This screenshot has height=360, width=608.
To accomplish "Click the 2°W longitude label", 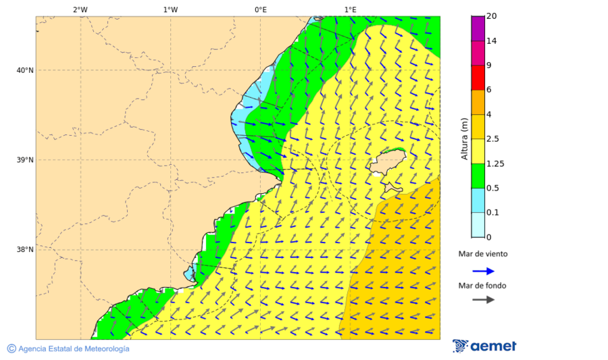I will [80, 9].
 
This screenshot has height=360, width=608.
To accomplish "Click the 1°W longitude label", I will [170, 9].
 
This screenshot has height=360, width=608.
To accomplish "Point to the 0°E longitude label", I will [260, 9].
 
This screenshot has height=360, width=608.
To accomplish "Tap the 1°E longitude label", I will [350, 9].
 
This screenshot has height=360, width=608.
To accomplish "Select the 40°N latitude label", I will [25, 70].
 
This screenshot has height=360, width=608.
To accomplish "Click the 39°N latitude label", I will [25, 160].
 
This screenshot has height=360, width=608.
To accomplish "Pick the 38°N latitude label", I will [25, 250].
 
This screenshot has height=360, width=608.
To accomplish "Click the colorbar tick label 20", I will [492, 16].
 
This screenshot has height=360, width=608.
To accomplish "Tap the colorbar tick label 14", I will [492, 41].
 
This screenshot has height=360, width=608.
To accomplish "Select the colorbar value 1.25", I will [495, 163].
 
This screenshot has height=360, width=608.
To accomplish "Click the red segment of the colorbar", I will [478, 78].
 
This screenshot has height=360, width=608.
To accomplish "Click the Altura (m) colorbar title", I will [464, 139].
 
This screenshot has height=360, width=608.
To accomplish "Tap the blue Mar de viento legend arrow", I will [483, 271].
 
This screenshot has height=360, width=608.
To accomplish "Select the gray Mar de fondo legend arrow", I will [483, 300].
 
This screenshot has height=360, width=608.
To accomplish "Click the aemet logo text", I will [493, 346].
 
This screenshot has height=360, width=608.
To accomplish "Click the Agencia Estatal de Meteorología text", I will [73, 349].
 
